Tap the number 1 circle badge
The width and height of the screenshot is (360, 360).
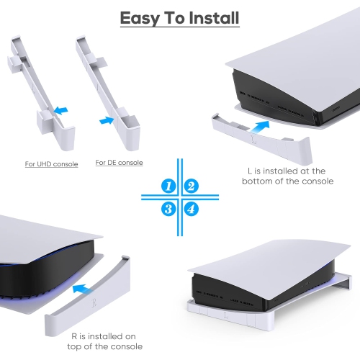coord(169,186)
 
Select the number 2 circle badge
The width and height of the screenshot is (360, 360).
coord(191,186)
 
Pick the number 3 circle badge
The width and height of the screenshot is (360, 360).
coord(169,209)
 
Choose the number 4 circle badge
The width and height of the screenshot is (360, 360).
coord(191,209)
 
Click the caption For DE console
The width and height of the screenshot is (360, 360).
coord(120,163)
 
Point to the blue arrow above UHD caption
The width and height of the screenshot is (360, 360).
coord(63,110)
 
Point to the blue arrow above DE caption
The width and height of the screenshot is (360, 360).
coord(108,121)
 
